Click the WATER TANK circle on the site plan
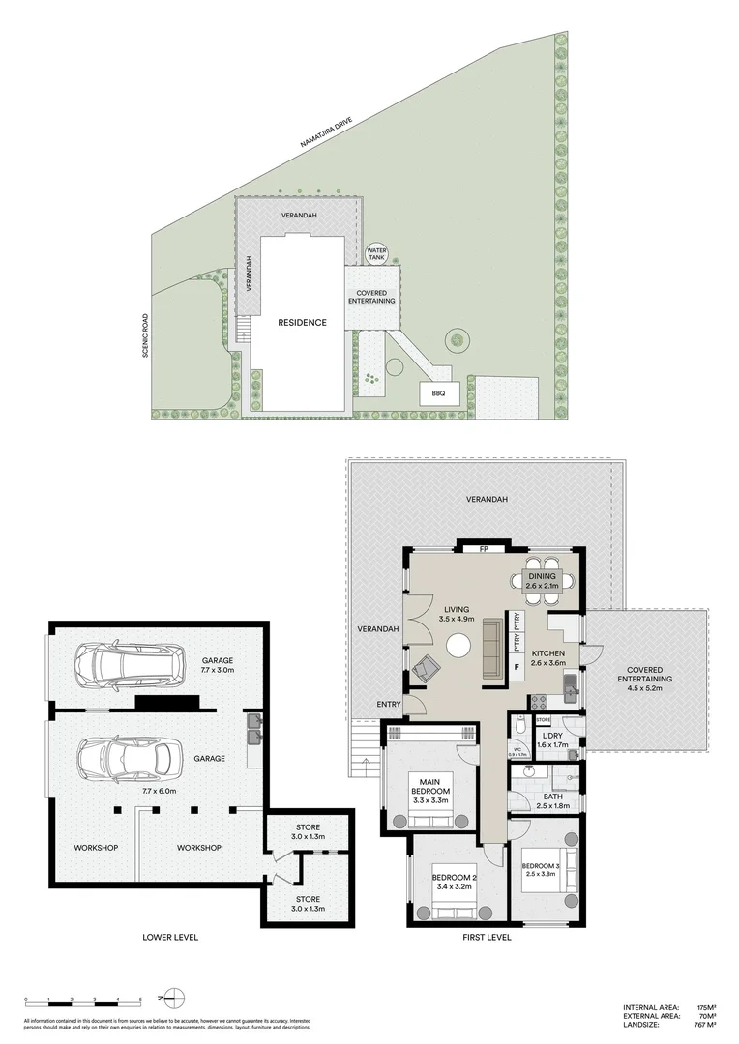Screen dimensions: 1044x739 (376, 255)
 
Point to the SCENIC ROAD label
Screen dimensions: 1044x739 (145, 334)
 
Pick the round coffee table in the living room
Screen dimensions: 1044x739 (457, 647)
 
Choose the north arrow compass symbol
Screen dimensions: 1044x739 (171, 996)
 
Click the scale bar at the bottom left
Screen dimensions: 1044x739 (83, 997)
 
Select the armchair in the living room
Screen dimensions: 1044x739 (426, 666)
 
